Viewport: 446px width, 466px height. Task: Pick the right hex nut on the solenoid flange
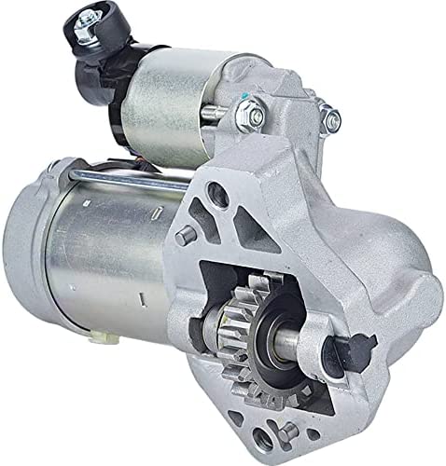(328, 116)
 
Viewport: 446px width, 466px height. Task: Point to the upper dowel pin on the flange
(186, 236)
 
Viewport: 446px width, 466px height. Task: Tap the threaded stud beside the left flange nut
(256, 112)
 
